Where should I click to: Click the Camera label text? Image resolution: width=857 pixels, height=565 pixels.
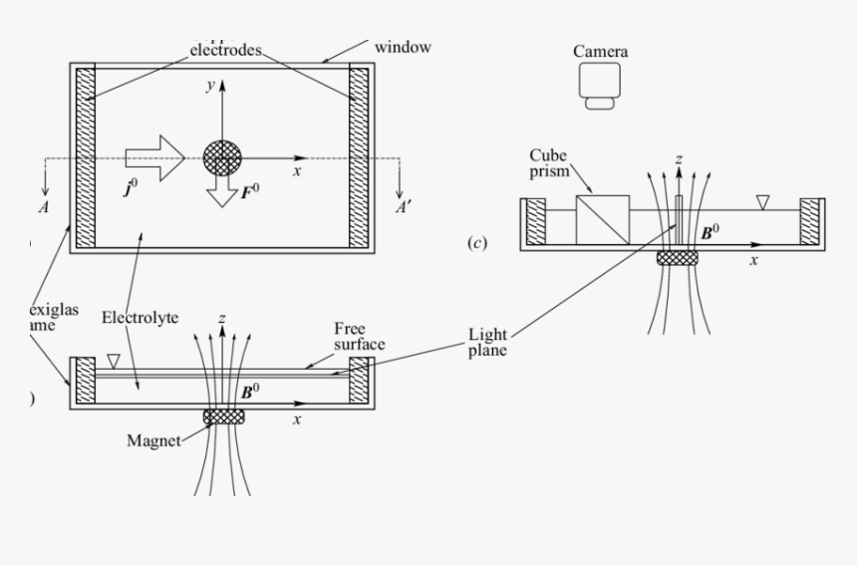pos(601,51)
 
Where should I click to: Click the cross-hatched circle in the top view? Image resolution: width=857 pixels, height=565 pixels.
pos(222,157)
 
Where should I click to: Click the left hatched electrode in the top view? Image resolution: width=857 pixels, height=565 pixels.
pos(85,157)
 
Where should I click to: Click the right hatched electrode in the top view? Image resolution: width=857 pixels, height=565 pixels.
pos(359,157)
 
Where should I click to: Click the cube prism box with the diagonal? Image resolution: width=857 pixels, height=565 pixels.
pos(603,219)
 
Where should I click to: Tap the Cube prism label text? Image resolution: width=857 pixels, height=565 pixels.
pos(552,164)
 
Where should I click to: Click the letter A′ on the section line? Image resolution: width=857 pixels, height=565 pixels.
pos(405,208)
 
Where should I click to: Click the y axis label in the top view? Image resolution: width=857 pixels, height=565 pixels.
pos(209,88)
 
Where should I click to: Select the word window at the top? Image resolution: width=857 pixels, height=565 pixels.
pos(403,47)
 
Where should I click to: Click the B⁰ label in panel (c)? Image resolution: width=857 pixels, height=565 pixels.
pos(711,232)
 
